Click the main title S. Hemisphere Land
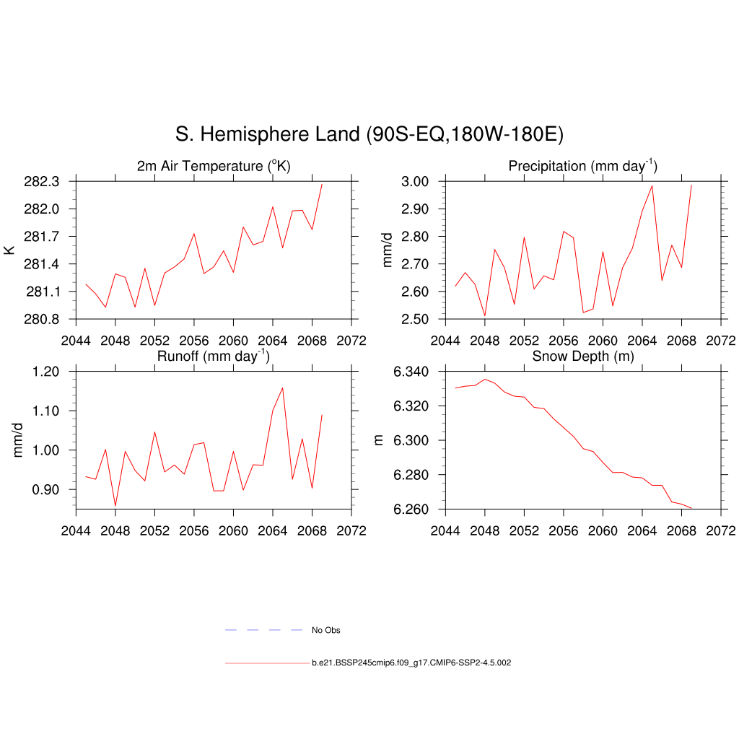tap(369, 134)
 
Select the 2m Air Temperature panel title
tap(214, 167)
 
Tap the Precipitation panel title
tap(582, 167)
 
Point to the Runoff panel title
tap(214, 357)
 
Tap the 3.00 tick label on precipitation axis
tap(416, 181)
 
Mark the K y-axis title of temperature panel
tap(9, 250)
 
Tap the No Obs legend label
tap(325, 630)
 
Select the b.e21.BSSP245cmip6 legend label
tap(411, 663)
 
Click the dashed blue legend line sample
tap(263, 630)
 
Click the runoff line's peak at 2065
tap(282, 388)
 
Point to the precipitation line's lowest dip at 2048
tap(485, 315)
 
